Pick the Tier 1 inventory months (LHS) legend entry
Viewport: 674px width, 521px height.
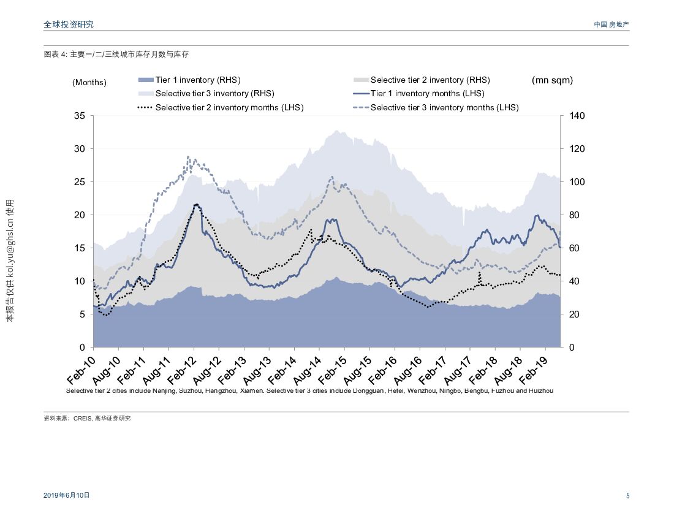click(427, 93)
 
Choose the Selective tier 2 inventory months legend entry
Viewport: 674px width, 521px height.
click(229, 107)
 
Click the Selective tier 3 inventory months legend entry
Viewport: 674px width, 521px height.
click(444, 107)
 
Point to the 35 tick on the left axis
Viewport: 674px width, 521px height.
click(79, 116)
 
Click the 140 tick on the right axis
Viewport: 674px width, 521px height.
click(578, 116)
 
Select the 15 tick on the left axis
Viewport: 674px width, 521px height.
click(79, 248)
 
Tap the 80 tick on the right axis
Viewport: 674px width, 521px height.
click(575, 215)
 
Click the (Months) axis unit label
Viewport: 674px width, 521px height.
click(89, 82)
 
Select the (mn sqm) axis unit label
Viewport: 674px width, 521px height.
click(552, 80)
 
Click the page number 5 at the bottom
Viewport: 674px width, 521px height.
click(627, 496)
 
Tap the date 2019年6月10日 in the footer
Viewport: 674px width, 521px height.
click(67, 495)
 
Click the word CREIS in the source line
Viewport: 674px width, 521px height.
click(82, 419)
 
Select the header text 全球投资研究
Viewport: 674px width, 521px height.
click(69, 25)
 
